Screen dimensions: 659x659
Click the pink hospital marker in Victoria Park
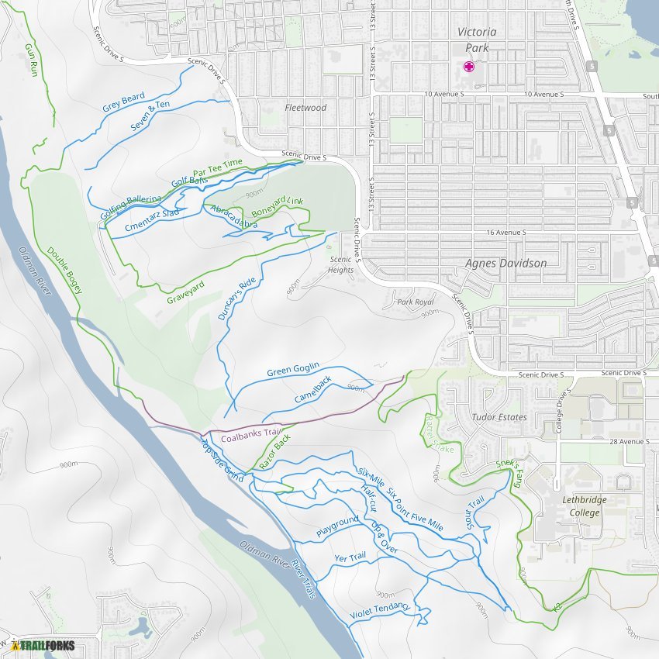tap(469, 67)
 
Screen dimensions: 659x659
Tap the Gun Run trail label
tap(31, 59)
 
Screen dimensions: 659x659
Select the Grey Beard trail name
tap(123, 102)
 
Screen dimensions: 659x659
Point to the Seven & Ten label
tap(150, 116)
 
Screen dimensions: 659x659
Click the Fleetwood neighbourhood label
tap(305, 108)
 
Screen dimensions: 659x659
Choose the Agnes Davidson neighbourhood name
tap(505, 263)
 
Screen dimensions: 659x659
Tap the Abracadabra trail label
tap(233, 217)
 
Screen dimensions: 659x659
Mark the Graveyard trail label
tap(186, 292)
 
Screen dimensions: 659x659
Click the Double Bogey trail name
tap(64, 270)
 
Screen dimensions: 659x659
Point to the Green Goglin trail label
tap(293, 371)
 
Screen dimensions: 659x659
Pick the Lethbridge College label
tap(585, 506)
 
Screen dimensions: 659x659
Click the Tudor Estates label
tap(499, 417)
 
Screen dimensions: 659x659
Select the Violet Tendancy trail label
tap(380, 611)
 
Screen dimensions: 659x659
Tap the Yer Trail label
tap(350, 557)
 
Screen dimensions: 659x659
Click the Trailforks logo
tap(43, 645)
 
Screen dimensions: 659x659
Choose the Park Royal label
tap(415, 302)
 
